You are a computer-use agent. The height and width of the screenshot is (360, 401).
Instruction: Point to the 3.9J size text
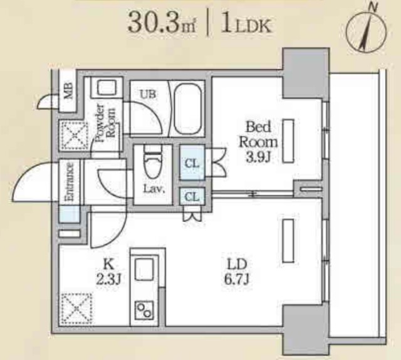[x=258, y=157]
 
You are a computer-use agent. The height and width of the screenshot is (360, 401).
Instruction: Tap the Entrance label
[x=70, y=181]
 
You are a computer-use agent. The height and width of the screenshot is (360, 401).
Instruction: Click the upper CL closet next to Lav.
[x=192, y=163]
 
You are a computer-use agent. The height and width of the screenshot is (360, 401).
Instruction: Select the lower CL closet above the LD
[x=192, y=196]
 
